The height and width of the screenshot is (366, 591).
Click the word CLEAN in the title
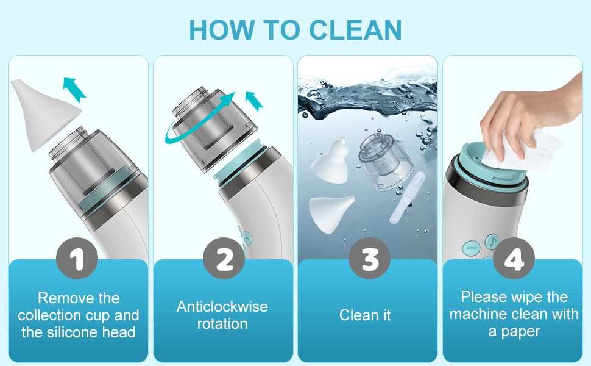[x=355, y=30]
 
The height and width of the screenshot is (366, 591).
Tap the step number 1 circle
[x=77, y=259]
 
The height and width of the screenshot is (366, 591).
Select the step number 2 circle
[x=224, y=259]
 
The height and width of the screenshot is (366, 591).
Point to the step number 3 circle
[x=369, y=259]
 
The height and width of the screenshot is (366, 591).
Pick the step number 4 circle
[x=514, y=259]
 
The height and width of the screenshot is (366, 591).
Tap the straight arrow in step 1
[x=74, y=89]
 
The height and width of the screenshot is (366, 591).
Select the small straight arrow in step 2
[x=253, y=101]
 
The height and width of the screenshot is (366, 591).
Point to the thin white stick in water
[x=407, y=198]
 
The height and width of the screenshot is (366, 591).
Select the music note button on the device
[x=492, y=242]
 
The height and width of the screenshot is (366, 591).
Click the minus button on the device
[x=471, y=248]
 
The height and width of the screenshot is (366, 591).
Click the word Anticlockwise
[x=222, y=306]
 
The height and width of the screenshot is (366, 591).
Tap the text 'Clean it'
[x=365, y=315]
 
